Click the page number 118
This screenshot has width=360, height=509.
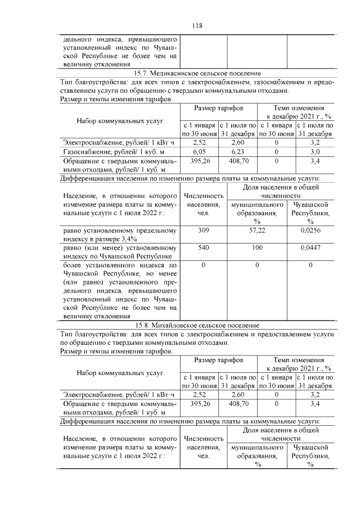(x=197, y=25)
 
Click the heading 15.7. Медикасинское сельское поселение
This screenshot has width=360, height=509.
(x=197, y=73)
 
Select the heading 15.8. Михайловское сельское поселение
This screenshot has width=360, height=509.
(x=197, y=326)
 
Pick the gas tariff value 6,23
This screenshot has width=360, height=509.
(x=238, y=151)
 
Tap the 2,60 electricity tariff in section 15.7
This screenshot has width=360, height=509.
(x=238, y=143)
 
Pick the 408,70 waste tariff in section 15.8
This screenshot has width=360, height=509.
(x=238, y=404)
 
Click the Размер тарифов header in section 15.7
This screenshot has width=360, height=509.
(x=218, y=107)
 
